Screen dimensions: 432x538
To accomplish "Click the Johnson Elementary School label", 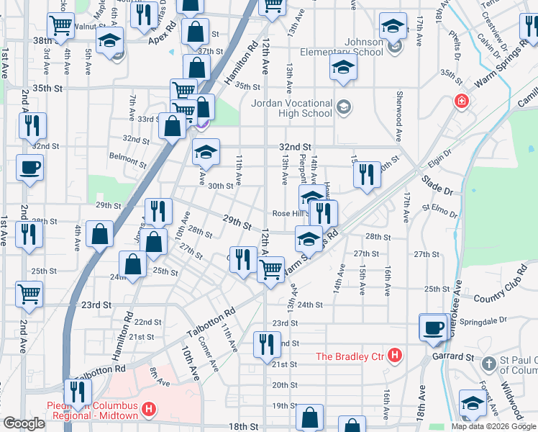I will tap(354, 46).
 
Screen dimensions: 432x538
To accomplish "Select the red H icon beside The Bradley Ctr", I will tap(393, 355).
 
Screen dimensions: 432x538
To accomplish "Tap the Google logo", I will tap(24, 423).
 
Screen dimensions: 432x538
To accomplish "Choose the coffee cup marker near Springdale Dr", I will tap(434, 327).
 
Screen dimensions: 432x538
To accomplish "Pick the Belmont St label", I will tap(127, 157).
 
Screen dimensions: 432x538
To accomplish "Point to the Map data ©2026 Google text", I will tap(493, 426).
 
